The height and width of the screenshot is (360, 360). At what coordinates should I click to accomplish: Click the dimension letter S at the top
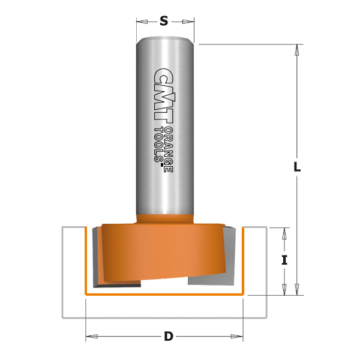(x=164, y=22)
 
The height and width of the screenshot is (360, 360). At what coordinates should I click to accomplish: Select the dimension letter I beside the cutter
(x=284, y=260)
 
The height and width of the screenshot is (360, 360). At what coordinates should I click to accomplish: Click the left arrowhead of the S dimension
(x=142, y=22)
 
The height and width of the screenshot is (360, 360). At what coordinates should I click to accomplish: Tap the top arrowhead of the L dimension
(x=296, y=50)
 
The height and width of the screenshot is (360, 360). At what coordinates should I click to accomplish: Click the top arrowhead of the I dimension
(x=284, y=233)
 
